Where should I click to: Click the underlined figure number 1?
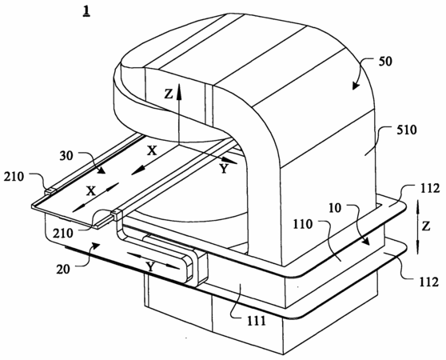[x=86, y=12]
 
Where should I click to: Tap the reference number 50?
[x=384, y=61]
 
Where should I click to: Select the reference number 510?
[x=406, y=130]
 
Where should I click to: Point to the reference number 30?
[x=66, y=156]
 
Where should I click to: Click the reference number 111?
[x=255, y=322]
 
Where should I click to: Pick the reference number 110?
[x=302, y=225]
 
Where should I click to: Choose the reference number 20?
[x=63, y=269]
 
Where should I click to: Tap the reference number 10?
[x=335, y=209]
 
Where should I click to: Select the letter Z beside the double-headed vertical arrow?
[x=426, y=226]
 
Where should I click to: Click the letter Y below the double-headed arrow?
[x=150, y=267]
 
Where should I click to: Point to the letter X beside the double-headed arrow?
[x=91, y=191]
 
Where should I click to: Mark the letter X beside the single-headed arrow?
[x=152, y=151]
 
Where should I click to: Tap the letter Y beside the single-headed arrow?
[x=224, y=169]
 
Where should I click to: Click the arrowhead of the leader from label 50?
[x=353, y=88]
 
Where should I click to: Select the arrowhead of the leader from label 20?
[x=98, y=244]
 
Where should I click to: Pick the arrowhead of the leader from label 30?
[x=104, y=173]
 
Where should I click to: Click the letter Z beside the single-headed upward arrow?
[x=169, y=94]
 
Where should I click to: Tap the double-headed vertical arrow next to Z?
[x=417, y=227]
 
